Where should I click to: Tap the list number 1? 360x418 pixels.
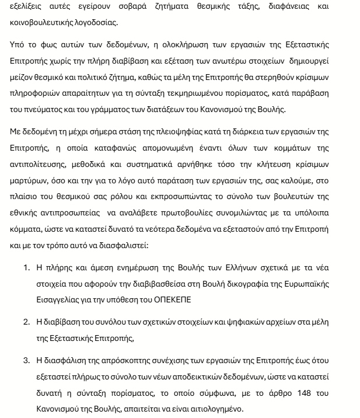[26, 269]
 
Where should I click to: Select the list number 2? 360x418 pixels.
[26, 322]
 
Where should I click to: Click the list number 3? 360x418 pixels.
[26, 360]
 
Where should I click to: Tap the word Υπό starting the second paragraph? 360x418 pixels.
[18, 46]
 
